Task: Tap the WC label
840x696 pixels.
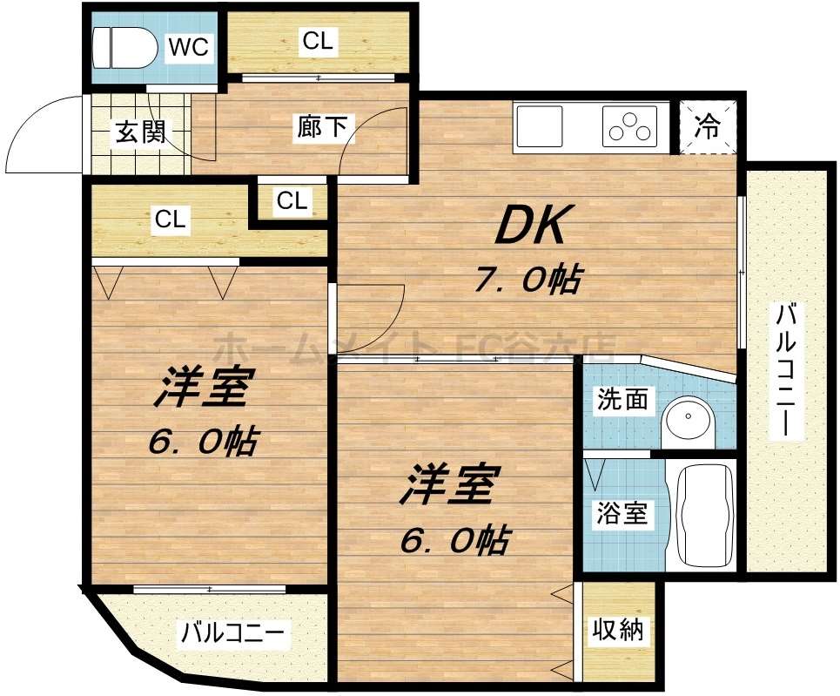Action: [x=189, y=47]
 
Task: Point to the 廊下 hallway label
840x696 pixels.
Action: [x=321, y=128]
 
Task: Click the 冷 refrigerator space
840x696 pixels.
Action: [x=708, y=127]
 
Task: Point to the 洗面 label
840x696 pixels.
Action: [x=622, y=400]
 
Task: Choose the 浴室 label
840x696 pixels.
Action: [x=621, y=514]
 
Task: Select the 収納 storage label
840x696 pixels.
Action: [x=618, y=629]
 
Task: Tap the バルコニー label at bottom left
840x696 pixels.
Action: [x=232, y=633]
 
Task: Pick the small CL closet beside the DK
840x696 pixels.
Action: [x=292, y=201]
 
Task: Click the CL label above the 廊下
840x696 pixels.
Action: [x=318, y=41]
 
